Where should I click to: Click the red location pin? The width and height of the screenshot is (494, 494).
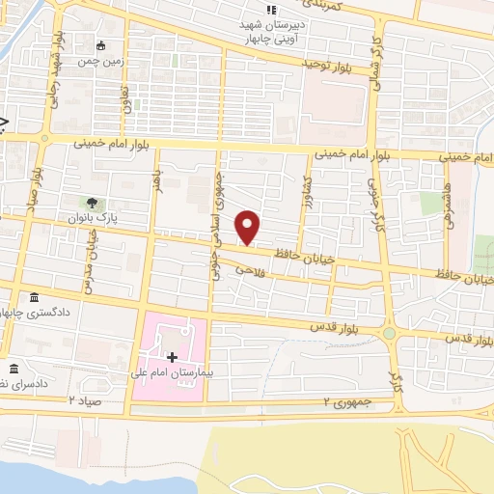click(x=249, y=227)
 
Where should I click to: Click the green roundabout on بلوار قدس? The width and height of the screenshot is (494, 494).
click(x=389, y=334)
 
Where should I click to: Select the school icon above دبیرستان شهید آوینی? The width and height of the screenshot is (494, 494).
click(x=258, y=10)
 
